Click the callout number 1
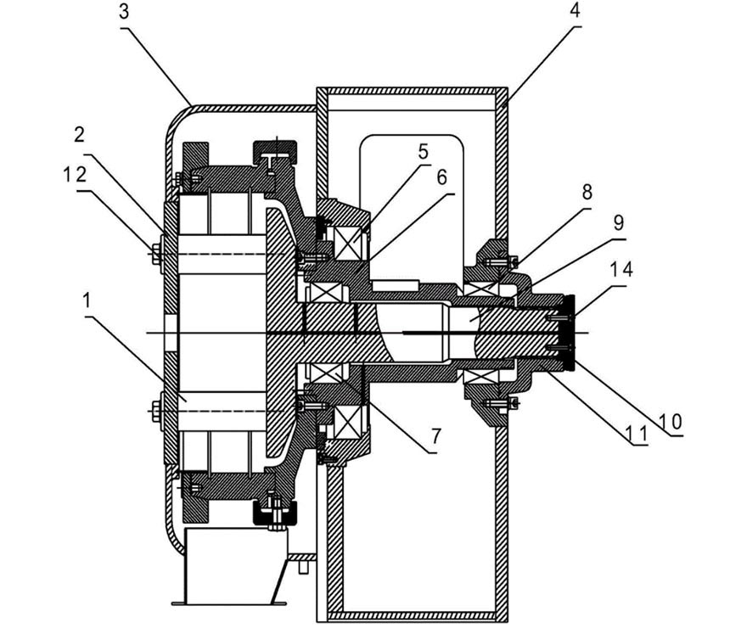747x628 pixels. (87, 300)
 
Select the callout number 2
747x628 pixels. (80, 135)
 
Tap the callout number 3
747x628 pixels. (124, 11)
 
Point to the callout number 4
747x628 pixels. (576, 10)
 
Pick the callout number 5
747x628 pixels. (423, 151)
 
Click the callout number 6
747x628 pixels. (441, 177)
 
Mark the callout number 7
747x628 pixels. (436, 435)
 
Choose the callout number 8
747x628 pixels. (587, 192)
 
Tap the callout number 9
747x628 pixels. (618, 222)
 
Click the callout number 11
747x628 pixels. (637, 434)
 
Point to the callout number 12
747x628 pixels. (75, 175)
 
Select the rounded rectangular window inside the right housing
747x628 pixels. (412, 205)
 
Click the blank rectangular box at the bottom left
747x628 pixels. (235, 566)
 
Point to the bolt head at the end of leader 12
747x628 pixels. (156, 255)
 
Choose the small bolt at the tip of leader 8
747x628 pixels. (514, 261)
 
